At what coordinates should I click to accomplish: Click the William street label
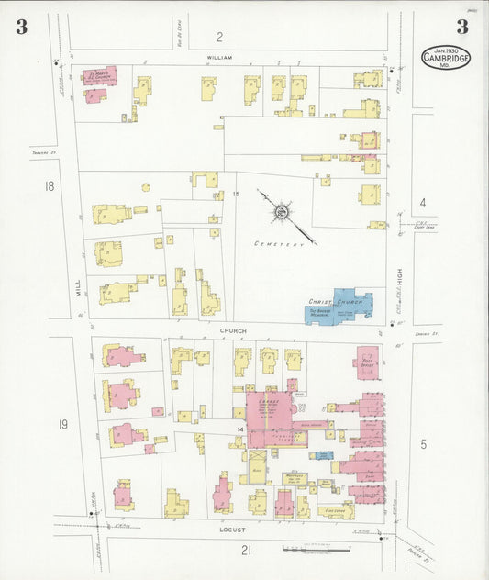[219, 58]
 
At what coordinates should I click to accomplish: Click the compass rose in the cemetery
[280, 213]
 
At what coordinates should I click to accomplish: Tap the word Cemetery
[279, 244]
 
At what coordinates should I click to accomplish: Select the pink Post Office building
[366, 362]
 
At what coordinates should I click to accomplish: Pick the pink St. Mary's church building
[99, 76]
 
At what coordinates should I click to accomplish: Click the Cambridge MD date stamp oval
[446, 57]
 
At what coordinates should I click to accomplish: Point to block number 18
[50, 186]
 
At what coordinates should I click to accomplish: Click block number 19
[62, 423]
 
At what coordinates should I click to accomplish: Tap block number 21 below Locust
[246, 550]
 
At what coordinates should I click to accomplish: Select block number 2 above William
[219, 37]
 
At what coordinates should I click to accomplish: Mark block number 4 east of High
[423, 202]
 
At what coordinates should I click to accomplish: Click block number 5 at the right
[423, 444]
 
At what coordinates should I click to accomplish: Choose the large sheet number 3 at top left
[21, 27]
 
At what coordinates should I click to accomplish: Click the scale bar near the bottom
[317, 550]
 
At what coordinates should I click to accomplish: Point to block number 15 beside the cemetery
[236, 194]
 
